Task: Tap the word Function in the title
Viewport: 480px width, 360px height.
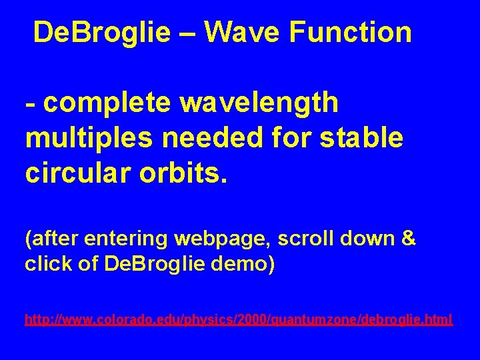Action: click(x=355, y=32)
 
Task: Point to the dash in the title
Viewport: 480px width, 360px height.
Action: click(x=190, y=32)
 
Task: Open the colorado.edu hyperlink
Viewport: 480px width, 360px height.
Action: click(x=239, y=320)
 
